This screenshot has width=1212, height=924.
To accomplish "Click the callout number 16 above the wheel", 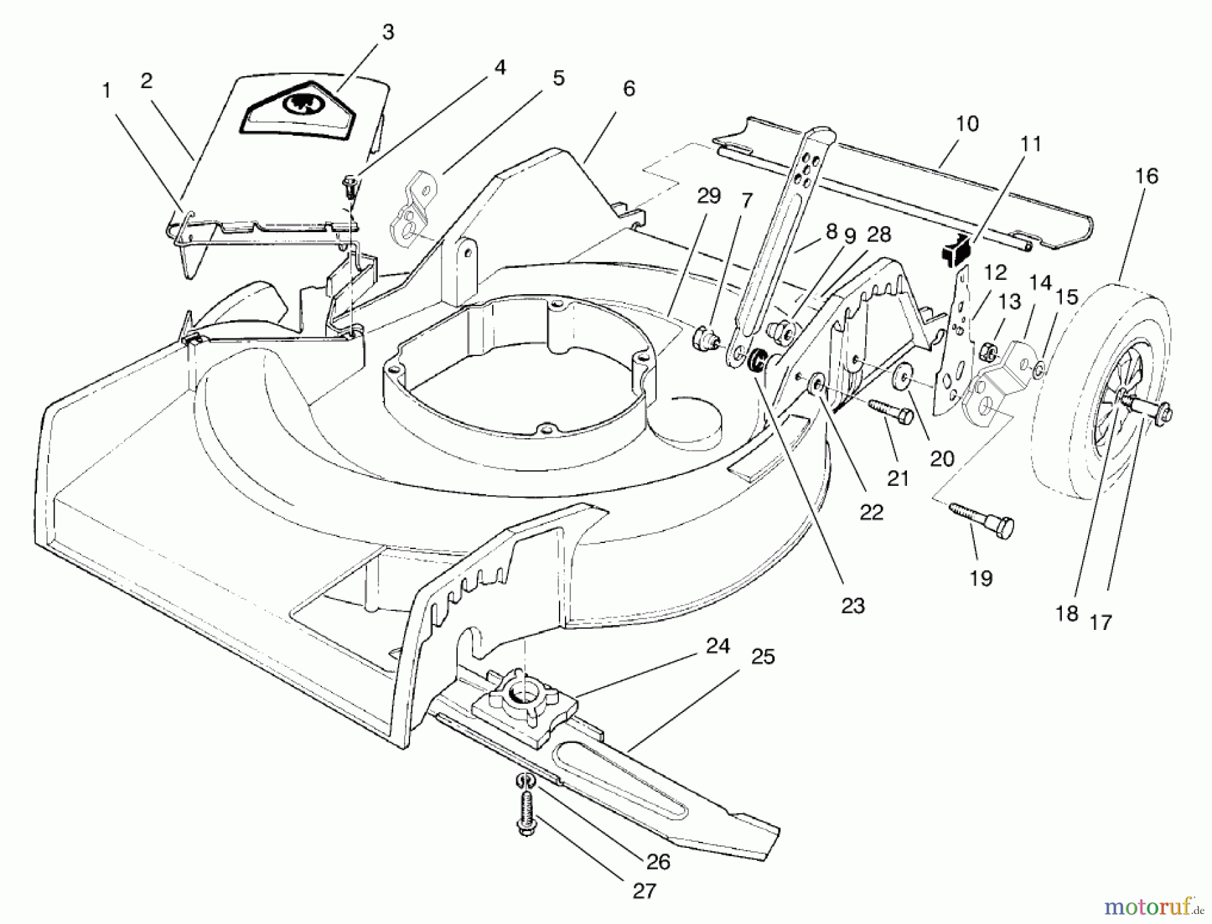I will (x=1146, y=176).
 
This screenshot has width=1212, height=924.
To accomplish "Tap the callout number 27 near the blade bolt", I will (x=644, y=891).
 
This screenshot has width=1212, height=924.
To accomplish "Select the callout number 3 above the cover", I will (x=388, y=32).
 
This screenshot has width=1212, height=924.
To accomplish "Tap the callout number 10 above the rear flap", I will (x=966, y=124).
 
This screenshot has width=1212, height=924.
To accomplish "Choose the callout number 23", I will (x=852, y=606).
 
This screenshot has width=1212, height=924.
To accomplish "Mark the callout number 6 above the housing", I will (x=629, y=89).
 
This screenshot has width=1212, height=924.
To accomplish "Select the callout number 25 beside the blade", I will (x=762, y=656).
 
